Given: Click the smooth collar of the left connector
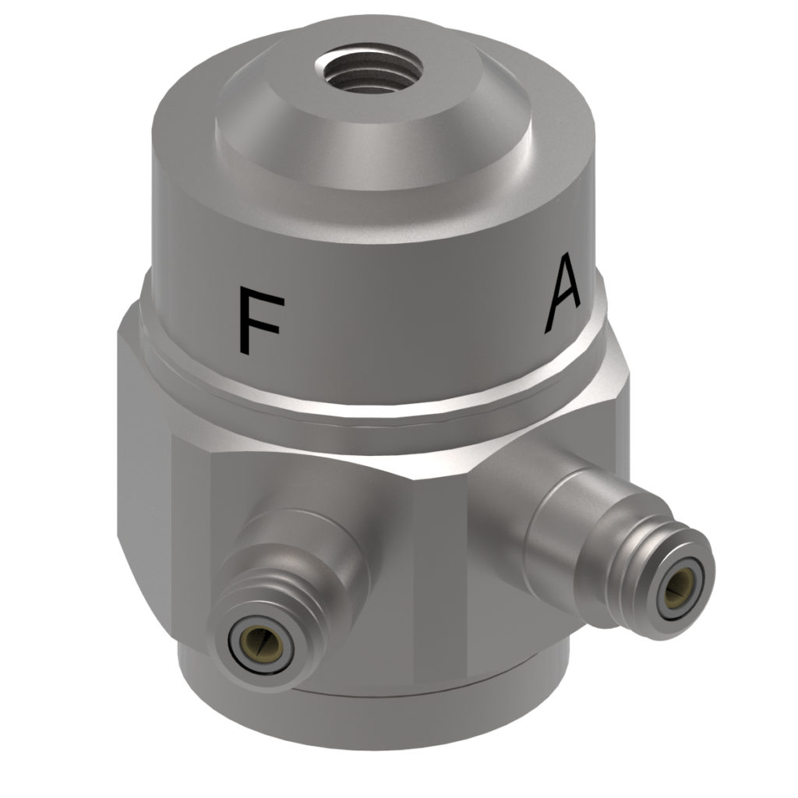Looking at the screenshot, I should [x=312, y=546].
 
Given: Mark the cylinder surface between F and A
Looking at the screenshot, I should [x=405, y=312].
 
